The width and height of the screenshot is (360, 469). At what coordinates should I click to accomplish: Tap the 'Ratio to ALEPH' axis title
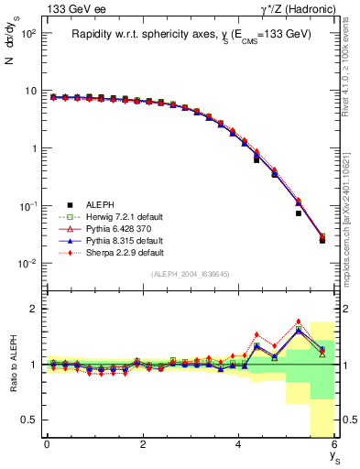(12, 365)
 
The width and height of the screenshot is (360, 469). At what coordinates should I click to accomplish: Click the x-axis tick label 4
(239, 444)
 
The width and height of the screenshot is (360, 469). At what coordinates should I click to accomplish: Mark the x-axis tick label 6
(334, 444)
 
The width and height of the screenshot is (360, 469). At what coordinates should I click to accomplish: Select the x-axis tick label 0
(47, 444)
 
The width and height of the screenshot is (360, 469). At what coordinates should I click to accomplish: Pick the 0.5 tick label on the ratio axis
(30, 420)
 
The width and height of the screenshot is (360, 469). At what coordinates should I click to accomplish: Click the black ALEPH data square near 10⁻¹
(299, 213)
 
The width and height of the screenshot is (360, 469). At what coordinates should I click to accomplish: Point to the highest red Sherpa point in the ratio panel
(299, 322)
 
